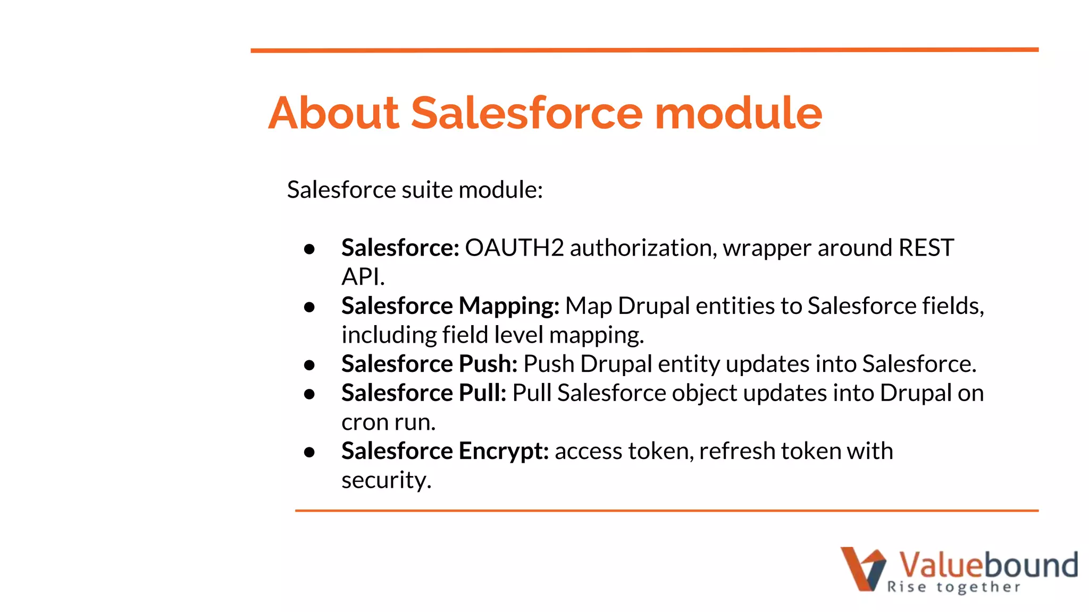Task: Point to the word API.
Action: [x=362, y=277]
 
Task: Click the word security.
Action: [x=386, y=481]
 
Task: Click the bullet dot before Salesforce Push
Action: [x=309, y=365]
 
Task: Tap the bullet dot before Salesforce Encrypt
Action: [x=309, y=452]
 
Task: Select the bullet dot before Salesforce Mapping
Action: [x=309, y=307]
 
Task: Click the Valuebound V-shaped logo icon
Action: [x=862, y=568]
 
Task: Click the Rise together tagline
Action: [x=953, y=587]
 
